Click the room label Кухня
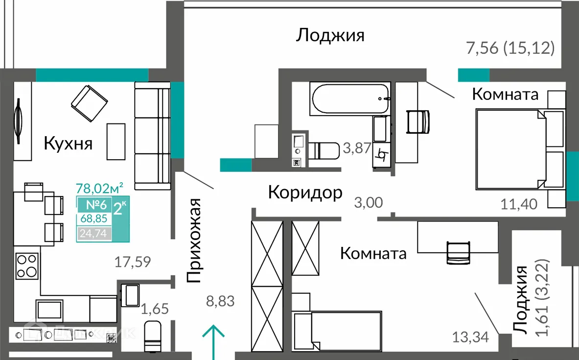tap(68, 144)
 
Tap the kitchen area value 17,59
tap(133, 262)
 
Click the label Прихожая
tap(195, 240)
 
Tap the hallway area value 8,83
tap(220, 301)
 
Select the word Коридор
tap(305, 192)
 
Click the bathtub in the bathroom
tap(349, 98)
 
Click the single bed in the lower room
tap(338, 331)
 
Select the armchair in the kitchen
tap(89, 103)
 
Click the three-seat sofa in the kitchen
tap(152, 136)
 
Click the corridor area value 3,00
tap(368, 203)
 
